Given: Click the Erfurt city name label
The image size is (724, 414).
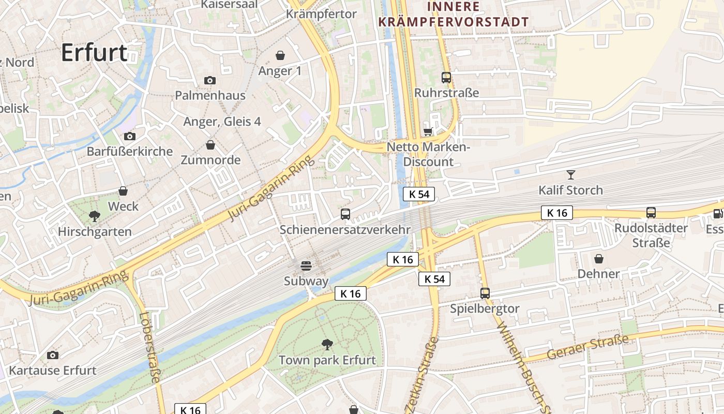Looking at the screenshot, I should click(94, 53).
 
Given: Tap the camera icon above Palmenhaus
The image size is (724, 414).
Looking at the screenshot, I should click(209, 80).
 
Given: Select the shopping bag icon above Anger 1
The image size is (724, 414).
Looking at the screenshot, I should click(280, 55).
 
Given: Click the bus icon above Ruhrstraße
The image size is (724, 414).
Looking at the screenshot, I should click(446, 78).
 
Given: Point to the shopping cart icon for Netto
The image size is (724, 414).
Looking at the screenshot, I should click(428, 131).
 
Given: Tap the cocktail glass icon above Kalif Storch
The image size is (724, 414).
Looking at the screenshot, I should click(570, 174).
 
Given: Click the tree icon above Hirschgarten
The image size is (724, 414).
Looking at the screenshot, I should click(94, 215).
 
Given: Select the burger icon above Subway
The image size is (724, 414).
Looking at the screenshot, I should click(306, 266).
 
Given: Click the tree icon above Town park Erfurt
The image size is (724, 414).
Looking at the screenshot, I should click(327, 344).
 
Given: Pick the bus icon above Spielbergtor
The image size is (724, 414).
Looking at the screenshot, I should click(485, 293).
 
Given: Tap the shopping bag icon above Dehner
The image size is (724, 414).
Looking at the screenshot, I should click(599, 258).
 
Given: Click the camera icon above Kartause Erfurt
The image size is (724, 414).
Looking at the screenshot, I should click(52, 355).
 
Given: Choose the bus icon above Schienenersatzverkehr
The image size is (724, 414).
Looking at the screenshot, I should click(345, 214).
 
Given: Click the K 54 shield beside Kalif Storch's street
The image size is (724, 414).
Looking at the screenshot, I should click(418, 194).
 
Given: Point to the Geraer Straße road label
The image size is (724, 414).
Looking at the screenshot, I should click(588, 348).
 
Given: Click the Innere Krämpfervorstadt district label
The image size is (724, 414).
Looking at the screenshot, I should click(454, 14).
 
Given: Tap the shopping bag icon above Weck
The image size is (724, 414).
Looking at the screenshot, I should click(123, 191).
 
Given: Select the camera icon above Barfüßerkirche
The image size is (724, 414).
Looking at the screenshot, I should click(129, 136).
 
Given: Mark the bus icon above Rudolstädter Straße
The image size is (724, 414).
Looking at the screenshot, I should click(651, 212).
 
